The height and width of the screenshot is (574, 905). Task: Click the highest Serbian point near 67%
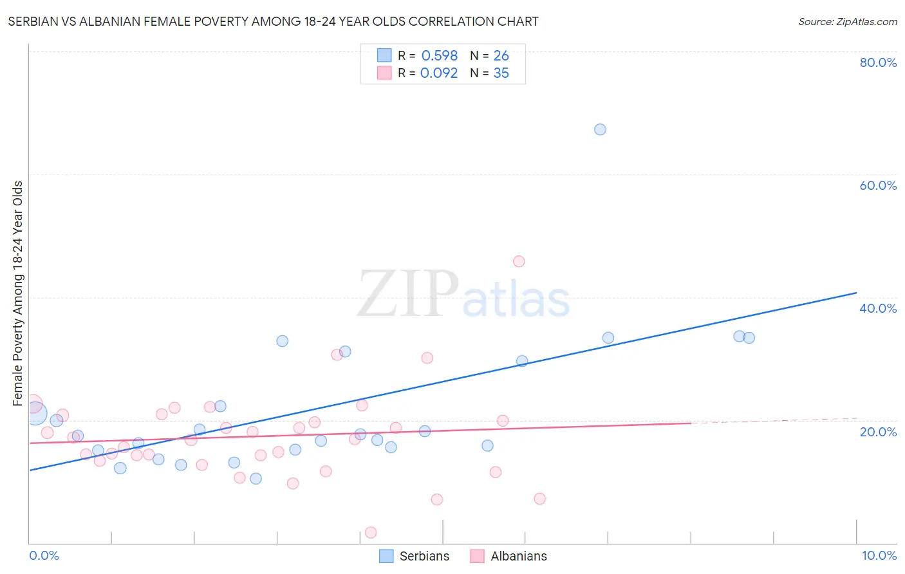pyautogui.click(x=600, y=129)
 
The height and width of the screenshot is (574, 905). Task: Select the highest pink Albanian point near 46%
pyautogui.click(x=519, y=261)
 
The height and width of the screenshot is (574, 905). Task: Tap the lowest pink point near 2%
pyautogui.click(x=371, y=532)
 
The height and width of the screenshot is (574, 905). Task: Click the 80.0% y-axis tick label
pyautogui.click(x=878, y=62)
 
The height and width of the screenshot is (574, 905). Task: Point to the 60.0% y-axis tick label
pyautogui.click(x=878, y=185)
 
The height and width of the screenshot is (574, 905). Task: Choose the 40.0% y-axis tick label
pyautogui.click(x=878, y=308)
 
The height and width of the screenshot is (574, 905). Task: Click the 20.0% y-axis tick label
pyautogui.click(x=878, y=432)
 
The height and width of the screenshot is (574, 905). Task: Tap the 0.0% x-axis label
pyautogui.click(x=44, y=555)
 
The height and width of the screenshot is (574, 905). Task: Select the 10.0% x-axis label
pyautogui.click(x=879, y=555)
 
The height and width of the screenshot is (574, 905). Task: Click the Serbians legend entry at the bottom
pyautogui.click(x=415, y=556)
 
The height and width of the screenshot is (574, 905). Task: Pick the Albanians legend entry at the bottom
pyautogui.click(x=508, y=556)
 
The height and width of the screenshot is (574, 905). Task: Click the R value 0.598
pyautogui.click(x=439, y=56)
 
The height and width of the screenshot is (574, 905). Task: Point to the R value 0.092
pyautogui.click(x=439, y=73)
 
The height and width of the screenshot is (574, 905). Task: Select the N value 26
pyautogui.click(x=501, y=56)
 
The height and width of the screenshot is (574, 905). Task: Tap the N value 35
pyautogui.click(x=501, y=73)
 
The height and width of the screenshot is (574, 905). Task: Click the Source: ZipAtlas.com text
pyautogui.click(x=847, y=22)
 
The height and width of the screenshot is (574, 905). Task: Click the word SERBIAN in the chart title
pyautogui.click(x=32, y=21)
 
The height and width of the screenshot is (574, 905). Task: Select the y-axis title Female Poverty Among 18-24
pyautogui.click(x=18, y=293)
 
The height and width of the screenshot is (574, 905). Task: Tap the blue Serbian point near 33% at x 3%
pyautogui.click(x=282, y=341)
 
